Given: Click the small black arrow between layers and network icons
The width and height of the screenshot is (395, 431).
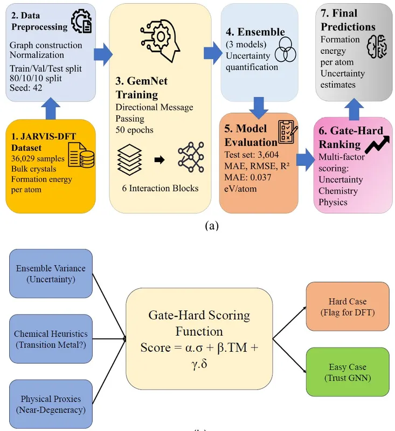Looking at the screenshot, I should click(159, 159).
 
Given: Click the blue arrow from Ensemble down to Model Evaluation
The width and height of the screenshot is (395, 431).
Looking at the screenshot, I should click(259, 107).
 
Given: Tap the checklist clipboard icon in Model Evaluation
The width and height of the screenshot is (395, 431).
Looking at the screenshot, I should click(285, 133).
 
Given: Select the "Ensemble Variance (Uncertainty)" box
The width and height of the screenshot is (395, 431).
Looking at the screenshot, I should click(51, 274).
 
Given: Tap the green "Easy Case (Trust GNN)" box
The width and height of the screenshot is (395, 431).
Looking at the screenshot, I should click(347, 372).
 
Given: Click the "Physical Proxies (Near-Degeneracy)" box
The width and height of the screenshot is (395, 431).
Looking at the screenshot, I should click(51, 404).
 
